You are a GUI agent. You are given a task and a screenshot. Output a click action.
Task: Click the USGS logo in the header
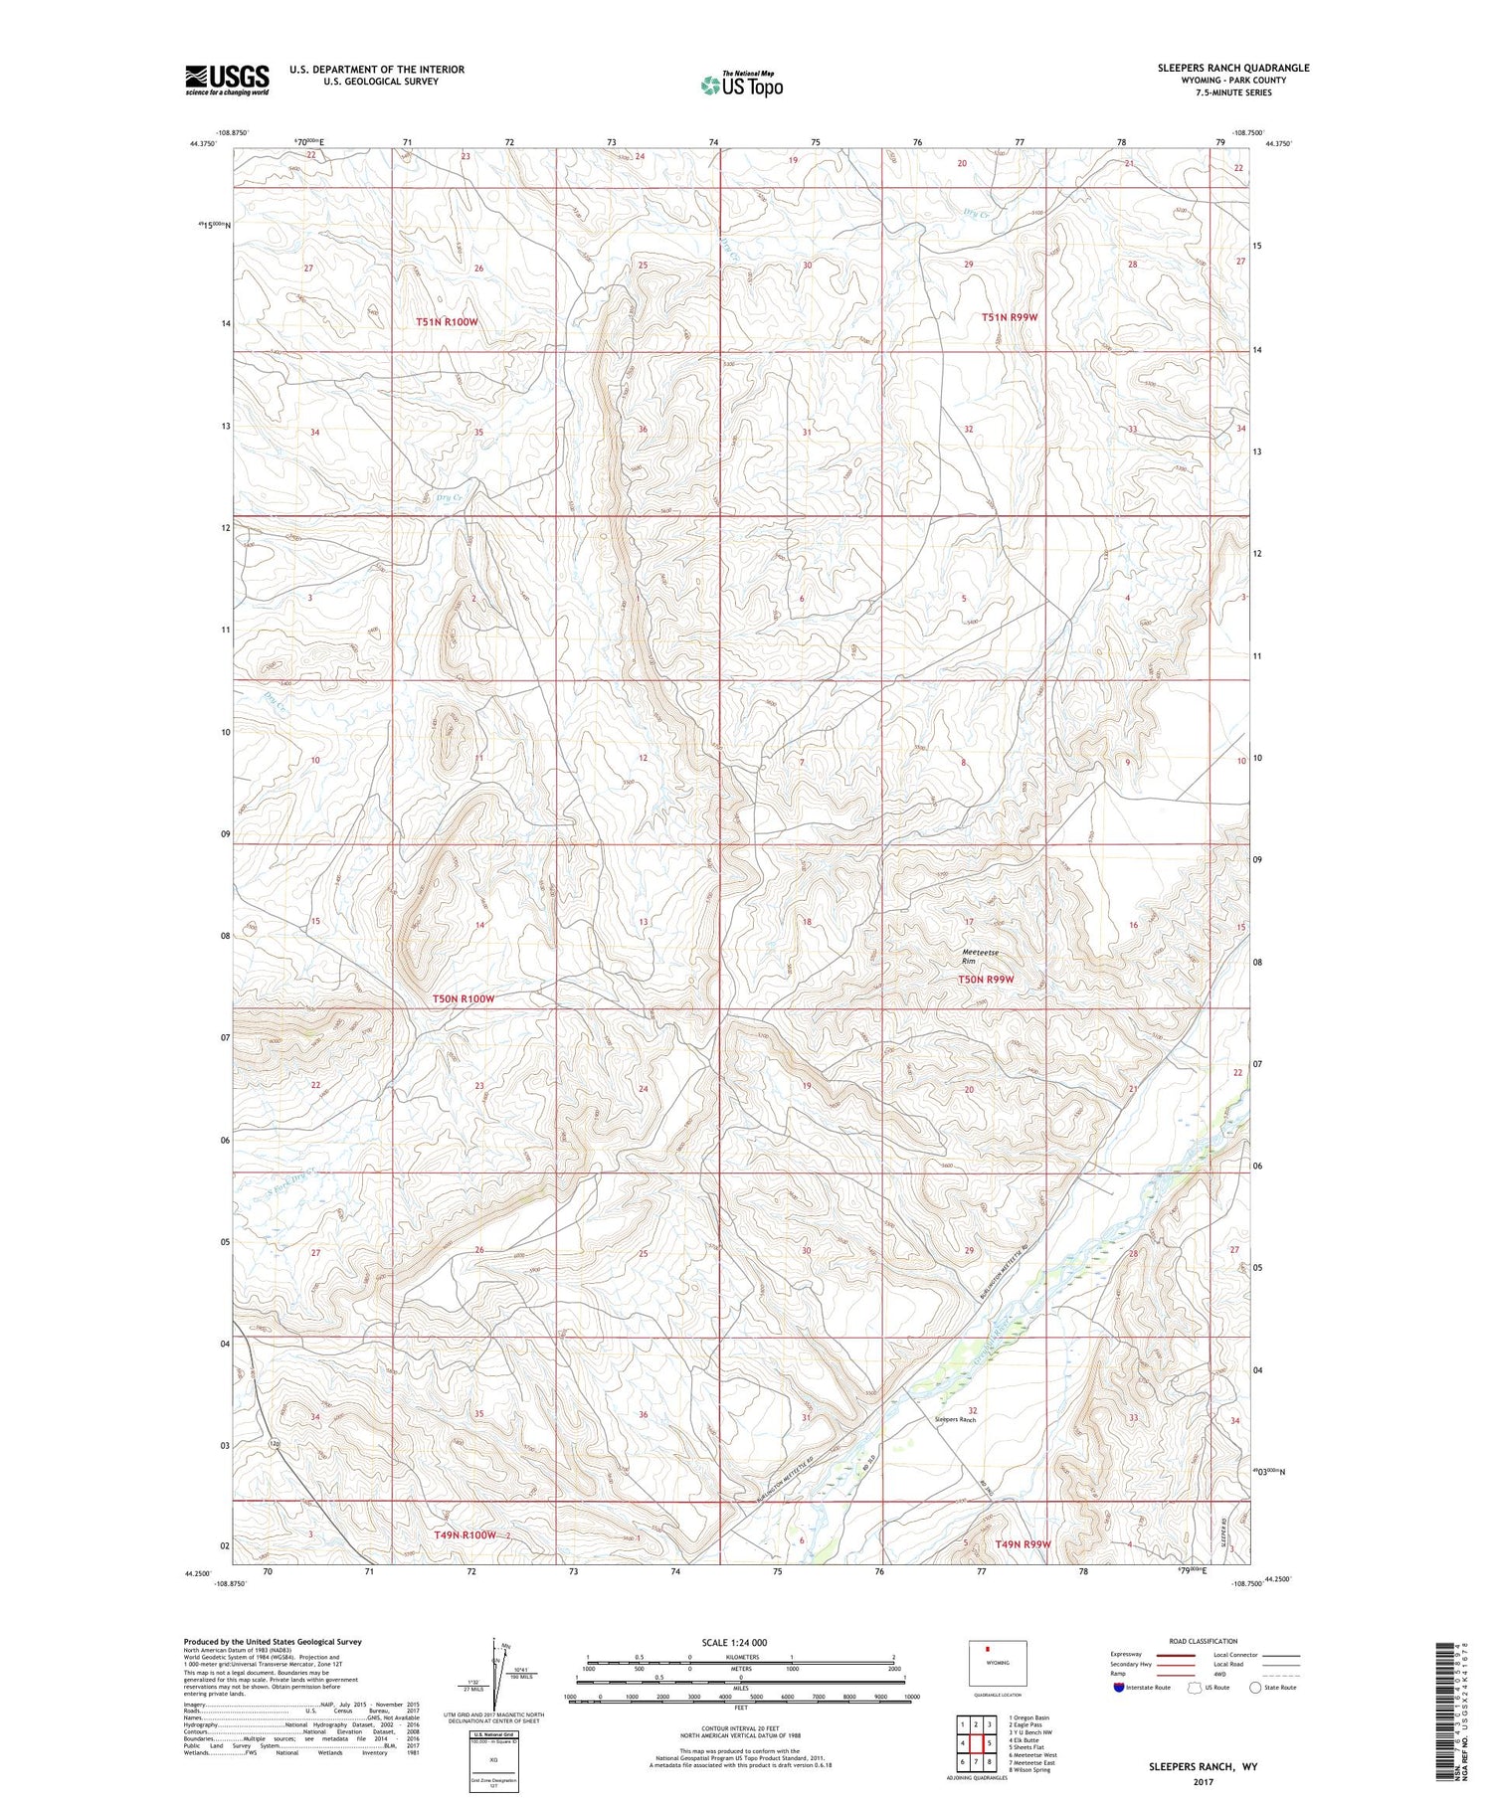227,80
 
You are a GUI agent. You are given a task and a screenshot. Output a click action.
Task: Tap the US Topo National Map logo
742,85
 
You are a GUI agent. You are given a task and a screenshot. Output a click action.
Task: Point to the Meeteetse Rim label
981,957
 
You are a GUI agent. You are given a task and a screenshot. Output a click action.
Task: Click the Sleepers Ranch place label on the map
955,1419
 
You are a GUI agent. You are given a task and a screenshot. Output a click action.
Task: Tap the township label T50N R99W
986,980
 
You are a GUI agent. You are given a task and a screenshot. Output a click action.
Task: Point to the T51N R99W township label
1010,317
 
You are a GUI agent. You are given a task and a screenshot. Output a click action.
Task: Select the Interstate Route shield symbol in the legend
1120,1688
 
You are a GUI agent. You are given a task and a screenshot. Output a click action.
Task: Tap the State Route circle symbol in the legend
1255,1688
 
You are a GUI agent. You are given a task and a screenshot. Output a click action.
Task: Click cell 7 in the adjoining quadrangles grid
977,1761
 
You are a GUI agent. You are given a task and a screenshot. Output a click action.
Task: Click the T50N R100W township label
463,998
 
